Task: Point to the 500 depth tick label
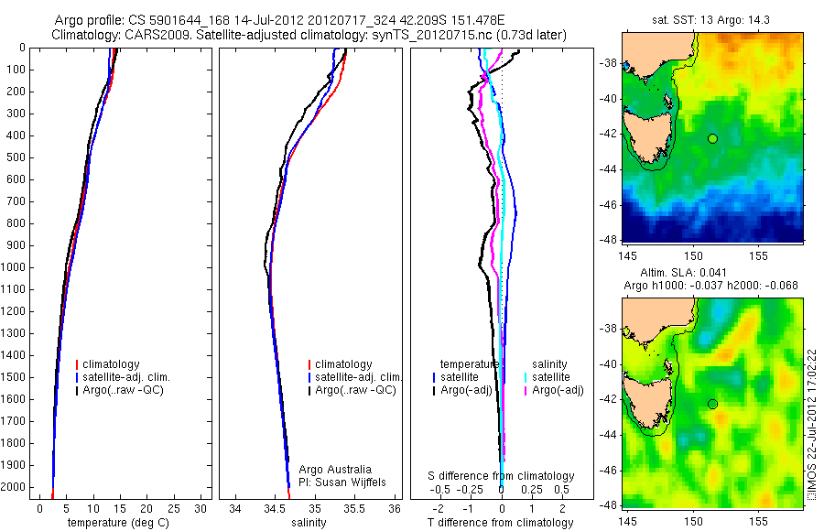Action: click(16, 157)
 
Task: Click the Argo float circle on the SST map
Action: click(712, 138)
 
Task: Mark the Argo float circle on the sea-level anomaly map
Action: click(712, 404)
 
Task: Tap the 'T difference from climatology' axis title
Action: click(500, 523)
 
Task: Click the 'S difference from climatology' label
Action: click(501, 476)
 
